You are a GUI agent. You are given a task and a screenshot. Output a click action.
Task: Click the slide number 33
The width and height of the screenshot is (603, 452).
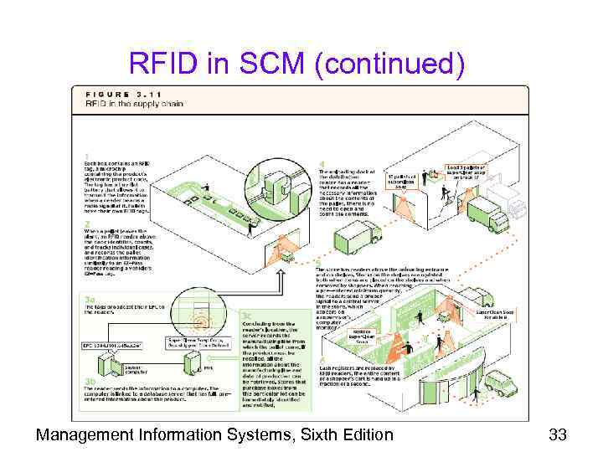[558, 434]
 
